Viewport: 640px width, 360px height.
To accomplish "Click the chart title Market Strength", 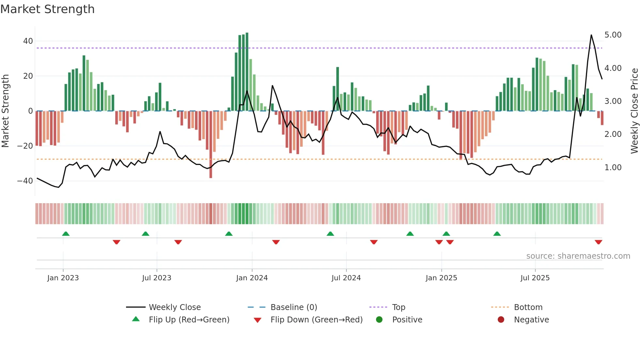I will coord(47,9).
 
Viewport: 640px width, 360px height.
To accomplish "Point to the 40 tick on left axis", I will coord(28,41).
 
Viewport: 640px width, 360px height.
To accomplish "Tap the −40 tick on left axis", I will coord(25,181).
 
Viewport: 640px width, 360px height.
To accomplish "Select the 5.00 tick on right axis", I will coord(613,35).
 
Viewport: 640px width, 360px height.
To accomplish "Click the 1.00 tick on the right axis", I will coord(613,168).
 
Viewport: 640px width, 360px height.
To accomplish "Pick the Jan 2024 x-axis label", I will coord(252,278).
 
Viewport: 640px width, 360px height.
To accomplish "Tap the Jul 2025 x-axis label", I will coord(535,278).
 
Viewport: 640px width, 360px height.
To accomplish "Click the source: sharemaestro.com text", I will coord(578,256).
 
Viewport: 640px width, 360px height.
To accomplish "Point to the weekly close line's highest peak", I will coord(591,35).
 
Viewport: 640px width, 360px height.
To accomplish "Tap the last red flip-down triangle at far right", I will coord(598,242).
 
